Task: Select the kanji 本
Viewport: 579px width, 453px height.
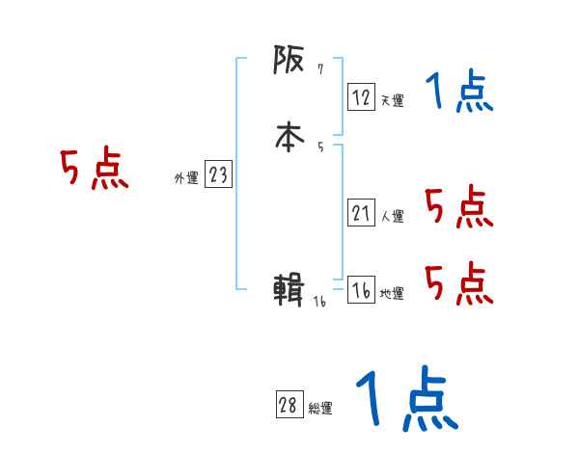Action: [x=289, y=138]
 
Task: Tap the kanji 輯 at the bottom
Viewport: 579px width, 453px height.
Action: [x=289, y=290]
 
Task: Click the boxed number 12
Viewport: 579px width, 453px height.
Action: [x=361, y=96]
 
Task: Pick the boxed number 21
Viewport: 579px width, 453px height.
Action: [x=361, y=214]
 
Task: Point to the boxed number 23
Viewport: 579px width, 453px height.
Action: [x=218, y=174]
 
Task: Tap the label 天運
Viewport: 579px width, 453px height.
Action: [x=392, y=100]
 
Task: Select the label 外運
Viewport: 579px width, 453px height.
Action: [x=186, y=178]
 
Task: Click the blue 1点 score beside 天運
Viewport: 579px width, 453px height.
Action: [x=458, y=93]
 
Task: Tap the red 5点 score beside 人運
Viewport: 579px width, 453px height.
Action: [x=458, y=206]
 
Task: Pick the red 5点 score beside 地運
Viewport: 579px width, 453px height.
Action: [x=458, y=283]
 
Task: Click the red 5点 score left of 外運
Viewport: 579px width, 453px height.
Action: [x=94, y=171]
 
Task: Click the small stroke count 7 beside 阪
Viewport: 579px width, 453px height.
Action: [x=320, y=69]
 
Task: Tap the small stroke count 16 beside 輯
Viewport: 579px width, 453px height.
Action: [x=320, y=302]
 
